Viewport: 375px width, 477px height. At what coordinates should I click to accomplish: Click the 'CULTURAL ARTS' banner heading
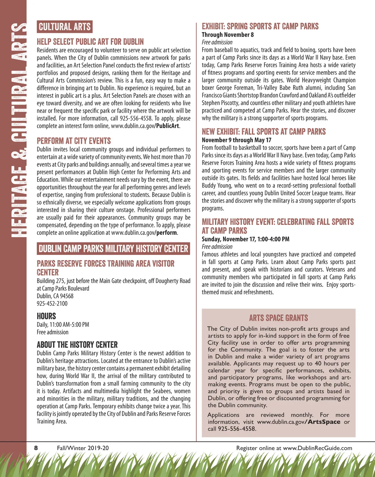click(65, 27)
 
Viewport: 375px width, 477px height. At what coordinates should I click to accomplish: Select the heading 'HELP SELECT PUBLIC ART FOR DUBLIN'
click(90, 42)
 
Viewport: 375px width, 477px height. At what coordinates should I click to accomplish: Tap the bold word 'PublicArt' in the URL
click(168, 126)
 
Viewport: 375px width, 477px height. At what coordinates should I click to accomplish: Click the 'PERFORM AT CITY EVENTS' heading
click(74, 141)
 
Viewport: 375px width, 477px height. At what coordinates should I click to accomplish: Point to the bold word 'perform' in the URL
click(167, 233)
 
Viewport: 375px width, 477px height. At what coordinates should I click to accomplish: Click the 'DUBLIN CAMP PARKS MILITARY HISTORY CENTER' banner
click(113, 249)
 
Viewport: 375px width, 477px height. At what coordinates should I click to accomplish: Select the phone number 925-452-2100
click(52, 304)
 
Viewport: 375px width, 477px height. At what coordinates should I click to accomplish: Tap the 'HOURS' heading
click(47, 316)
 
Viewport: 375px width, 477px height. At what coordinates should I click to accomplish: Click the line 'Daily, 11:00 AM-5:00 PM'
click(63, 325)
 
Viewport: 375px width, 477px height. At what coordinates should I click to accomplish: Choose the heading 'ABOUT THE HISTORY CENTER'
click(77, 345)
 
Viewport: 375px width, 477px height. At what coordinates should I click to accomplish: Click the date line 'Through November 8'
click(228, 35)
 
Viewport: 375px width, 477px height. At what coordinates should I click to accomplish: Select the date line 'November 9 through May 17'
click(237, 140)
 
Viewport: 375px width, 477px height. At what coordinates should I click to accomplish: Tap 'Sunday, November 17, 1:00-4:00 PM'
click(246, 239)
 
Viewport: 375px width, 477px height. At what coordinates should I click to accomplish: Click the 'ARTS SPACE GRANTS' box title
click(278, 318)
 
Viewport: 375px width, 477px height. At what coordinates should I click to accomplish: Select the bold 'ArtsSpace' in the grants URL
click(324, 422)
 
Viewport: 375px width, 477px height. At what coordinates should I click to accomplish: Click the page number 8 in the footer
click(36, 448)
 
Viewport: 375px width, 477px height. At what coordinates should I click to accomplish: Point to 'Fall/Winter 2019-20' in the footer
click(83, 448)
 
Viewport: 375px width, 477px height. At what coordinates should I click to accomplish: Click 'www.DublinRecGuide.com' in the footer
click(317, 448)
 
